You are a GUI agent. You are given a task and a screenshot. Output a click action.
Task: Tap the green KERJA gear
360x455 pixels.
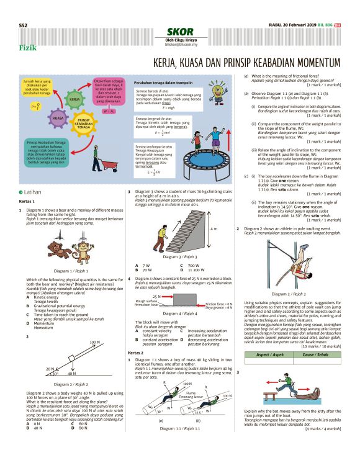pos(74,99)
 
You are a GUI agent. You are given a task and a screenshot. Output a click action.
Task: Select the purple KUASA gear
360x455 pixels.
pos(58,117)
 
